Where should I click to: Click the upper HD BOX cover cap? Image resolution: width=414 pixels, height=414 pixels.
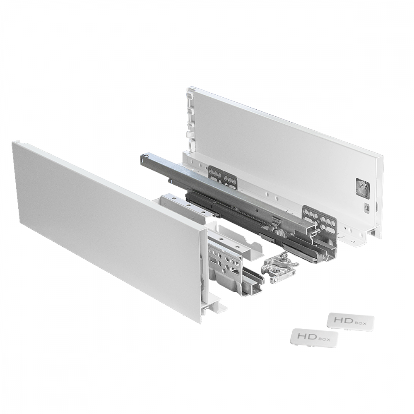pyautogui.click(x=351, y=322)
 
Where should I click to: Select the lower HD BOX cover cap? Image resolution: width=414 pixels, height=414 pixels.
pyautogui.click(x=315, y=337)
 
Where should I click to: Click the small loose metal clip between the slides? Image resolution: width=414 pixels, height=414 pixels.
pyautogui.click(x=279, y=268)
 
